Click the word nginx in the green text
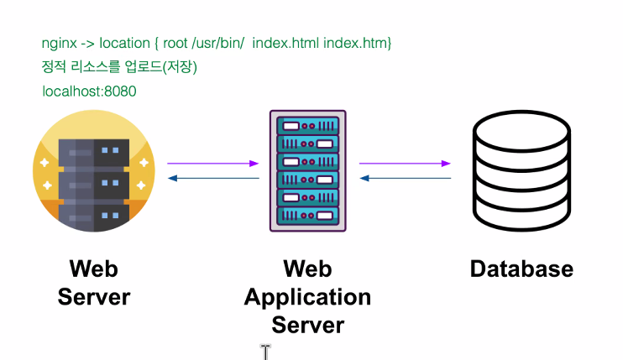click(60, 44)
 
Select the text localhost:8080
click(89, 91)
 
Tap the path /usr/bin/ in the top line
click(217, 43)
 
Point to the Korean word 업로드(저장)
click(161, 66)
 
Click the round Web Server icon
click(94, 171)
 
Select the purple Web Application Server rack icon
click(308, 170)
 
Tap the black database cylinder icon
click(521, 170)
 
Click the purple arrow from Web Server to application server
click(213, 163)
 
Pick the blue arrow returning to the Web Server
click(213, 178)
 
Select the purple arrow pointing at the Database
click(405, 163)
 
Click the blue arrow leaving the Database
click(406, 178)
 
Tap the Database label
click(521, 269)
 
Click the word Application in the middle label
click(308, 298)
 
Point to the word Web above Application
click(308, 269)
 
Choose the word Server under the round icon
click(94, 297)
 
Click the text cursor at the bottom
click(265, 352)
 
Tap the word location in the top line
click(124, 43)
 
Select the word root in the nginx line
click(175, 43)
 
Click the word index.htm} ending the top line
click(358, 43)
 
